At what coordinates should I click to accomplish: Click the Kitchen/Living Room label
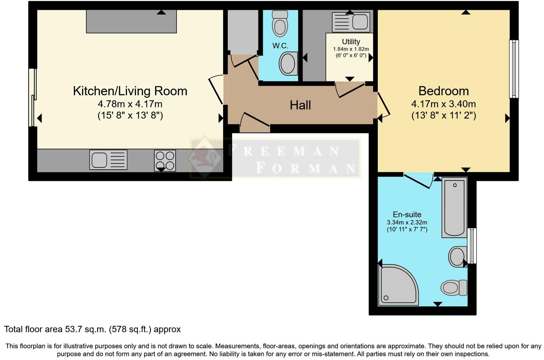[130, 91]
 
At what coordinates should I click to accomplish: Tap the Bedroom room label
[444, 91]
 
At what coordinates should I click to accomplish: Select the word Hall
[300, 105]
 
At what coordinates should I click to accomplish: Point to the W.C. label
[280, 46]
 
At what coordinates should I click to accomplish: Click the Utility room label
[351, 42]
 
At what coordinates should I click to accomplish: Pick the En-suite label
[407, 215]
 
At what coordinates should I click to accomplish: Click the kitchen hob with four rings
[165, 160]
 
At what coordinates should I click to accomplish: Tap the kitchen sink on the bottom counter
[108, 160]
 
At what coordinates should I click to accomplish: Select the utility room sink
[351, 22]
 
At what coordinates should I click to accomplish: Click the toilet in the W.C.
[280, 23]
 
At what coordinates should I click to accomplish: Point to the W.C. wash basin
[288, 63]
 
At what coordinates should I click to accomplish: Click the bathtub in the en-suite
[454, 208]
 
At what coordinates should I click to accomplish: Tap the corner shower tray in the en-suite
[398, 285]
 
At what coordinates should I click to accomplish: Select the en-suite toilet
[454, 287]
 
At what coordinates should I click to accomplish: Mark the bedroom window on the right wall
[514, 69]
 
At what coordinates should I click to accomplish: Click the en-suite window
[472, 246]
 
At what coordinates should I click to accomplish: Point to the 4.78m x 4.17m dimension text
[130, 104]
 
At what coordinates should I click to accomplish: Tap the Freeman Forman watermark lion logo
[204, 158]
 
